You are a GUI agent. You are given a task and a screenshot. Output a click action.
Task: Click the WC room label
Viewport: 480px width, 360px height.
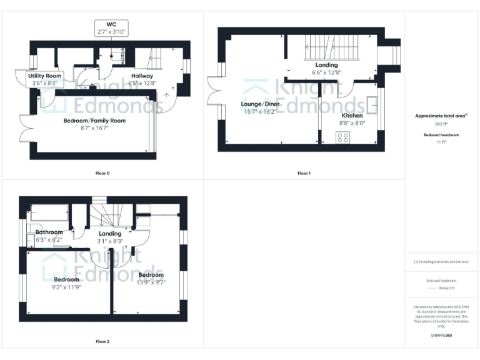pyautogui.click(x=111, y=24)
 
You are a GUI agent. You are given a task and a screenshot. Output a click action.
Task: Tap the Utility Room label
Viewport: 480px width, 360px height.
pyautogui.click(x=43, y=76)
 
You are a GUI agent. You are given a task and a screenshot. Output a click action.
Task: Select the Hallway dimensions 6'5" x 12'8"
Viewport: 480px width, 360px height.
pyautogui.click(x=142, y=82)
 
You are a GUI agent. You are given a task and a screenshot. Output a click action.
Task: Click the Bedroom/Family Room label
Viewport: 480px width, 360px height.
pyautogui.click(x=94, y=121)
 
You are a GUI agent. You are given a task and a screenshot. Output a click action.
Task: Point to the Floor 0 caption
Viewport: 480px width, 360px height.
pyautogui.click(x=94, y=172)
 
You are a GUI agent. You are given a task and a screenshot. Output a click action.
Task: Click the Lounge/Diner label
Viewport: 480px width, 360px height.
pyautogui.click(x=261, y=104)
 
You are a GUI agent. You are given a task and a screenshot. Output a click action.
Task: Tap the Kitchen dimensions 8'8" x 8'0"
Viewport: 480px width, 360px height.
pyautogui.click(x=352, y=123)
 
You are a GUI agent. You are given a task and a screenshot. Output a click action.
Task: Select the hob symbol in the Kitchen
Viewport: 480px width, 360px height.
pyautogui.click(x=343, y=139)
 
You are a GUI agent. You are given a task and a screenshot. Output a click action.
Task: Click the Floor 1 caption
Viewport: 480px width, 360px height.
pyautogui.click(x=304, y=173)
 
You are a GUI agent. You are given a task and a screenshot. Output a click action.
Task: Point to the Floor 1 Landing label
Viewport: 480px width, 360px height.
pyautogui.click(x=326, y=65)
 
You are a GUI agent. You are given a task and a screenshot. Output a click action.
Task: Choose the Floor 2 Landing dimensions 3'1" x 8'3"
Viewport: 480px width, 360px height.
pyautogui.click(x=110, y=241)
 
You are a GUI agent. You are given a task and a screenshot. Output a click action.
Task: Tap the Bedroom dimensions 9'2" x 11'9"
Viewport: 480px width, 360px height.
pyautogui.click(x=66, y=287)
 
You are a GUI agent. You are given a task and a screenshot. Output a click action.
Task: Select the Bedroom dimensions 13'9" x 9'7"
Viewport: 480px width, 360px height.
pyautogui.click(x=151, y=282)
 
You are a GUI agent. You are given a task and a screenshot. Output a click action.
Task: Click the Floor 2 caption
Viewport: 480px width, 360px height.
pyautogui.click(x=102, y=342)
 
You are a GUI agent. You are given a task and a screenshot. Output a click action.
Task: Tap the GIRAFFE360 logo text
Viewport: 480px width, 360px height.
pyautogui.click(x=441, y=336)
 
